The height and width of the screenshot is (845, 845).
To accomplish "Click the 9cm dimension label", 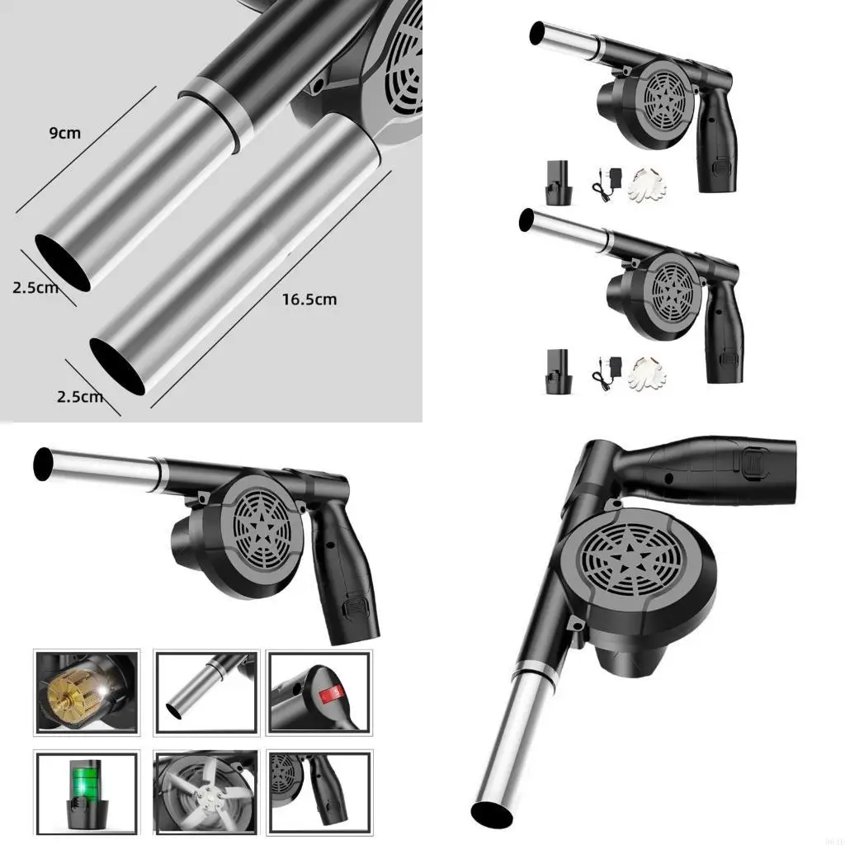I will (64, 133).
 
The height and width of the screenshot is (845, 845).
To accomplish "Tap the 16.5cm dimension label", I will (309, 299).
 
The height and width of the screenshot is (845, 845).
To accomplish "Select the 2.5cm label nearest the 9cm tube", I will (35, 288).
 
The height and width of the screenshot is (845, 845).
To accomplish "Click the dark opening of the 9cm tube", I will (62, 262).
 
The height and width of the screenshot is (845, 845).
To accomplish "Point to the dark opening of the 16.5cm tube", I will (117, 366).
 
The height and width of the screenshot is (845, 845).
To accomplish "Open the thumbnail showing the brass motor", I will (87, 692).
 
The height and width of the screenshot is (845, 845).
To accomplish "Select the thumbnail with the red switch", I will (319, 692).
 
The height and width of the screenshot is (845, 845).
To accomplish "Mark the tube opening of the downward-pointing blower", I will (492, 812).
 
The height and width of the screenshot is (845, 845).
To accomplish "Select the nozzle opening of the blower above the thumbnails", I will (43, 464).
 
